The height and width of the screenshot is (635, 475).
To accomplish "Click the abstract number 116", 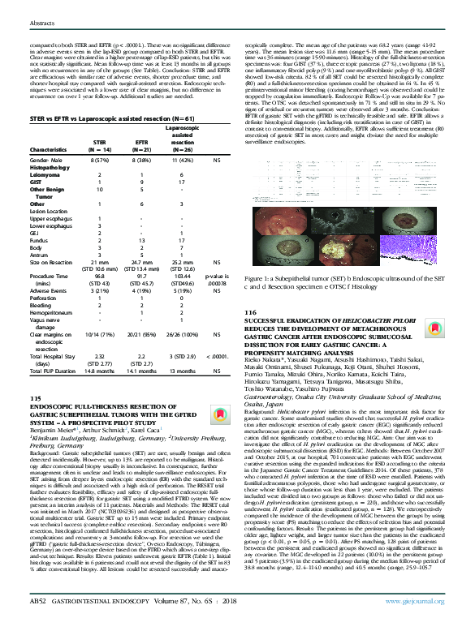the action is point(249,312).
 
